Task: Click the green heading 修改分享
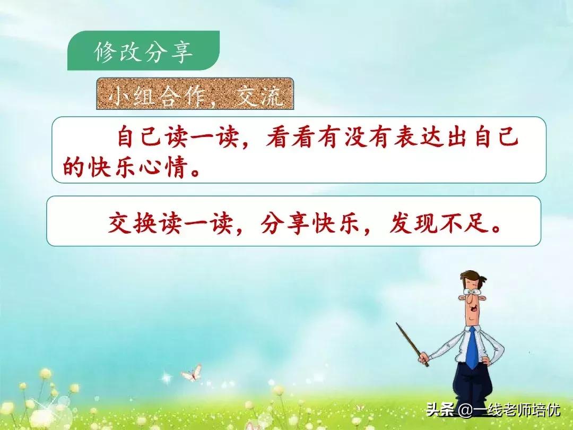143,52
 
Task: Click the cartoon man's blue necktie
472,348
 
